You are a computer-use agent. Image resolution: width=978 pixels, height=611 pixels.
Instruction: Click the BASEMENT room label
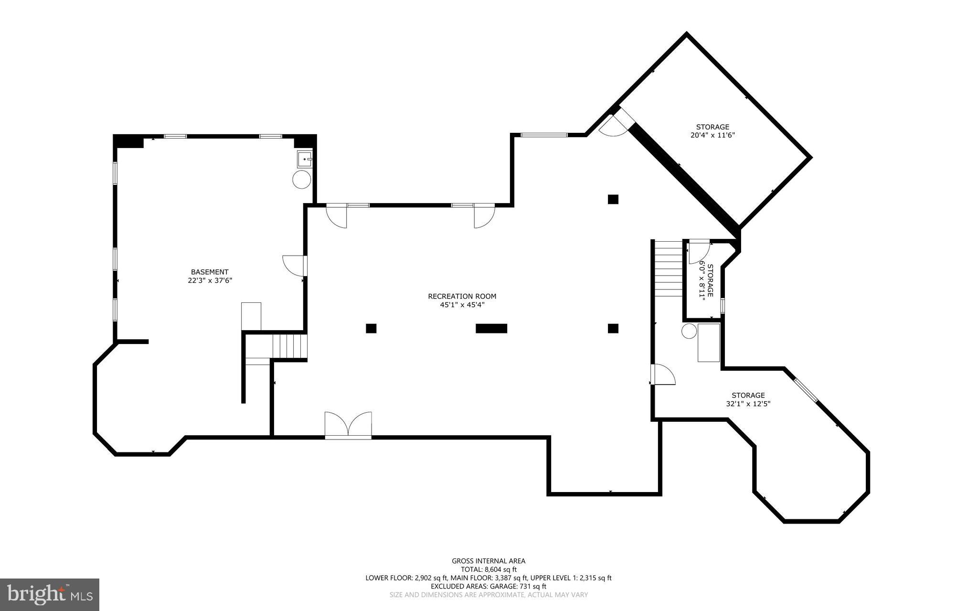210,272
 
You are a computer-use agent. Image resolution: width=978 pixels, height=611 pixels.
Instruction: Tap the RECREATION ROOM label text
462,296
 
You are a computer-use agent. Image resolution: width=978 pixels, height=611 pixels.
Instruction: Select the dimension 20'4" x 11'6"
712,135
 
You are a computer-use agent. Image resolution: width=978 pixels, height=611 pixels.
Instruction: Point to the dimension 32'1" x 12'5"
748,403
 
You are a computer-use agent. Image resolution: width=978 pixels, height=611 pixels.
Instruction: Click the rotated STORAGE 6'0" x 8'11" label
706,280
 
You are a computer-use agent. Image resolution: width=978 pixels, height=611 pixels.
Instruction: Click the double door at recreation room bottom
348,424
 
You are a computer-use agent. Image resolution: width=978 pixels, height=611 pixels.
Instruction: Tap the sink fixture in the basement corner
304,159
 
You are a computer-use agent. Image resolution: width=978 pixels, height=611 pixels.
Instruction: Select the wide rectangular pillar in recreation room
491,328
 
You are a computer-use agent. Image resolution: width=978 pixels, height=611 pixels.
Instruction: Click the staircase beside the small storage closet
668,269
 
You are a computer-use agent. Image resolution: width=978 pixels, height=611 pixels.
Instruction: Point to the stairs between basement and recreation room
289,346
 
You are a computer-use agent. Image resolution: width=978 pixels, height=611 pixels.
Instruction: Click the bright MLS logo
50,594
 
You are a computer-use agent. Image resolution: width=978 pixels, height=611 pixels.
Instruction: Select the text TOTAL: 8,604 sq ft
489,569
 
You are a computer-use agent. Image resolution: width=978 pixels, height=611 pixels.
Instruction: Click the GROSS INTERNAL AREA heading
489,561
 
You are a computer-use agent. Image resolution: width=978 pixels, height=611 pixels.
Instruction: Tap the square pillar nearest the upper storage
613,199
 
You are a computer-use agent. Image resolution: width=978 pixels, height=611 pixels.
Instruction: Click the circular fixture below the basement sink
301,180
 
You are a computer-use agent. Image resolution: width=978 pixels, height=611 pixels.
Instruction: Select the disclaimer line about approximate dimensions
489,595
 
